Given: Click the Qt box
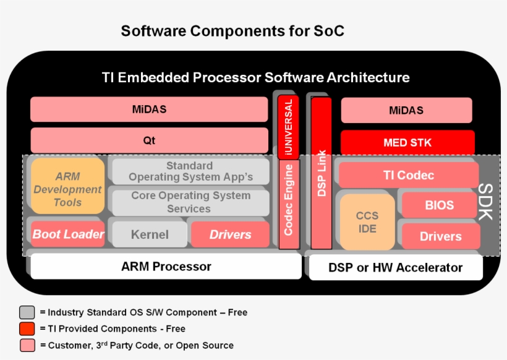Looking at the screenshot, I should click(x=149, y=140).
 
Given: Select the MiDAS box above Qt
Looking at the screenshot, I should click(x=149, y=109).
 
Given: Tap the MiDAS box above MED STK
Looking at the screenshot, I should click(x=406, y=111).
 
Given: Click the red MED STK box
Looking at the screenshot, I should click(x=407, y=142).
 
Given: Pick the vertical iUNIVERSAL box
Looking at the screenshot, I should click(x=288, y=127).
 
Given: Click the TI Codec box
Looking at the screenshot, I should click(x=409, y=175).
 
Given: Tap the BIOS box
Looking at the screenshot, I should click(x=439, y=205).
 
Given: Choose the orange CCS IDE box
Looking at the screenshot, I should click(x=367, y=222).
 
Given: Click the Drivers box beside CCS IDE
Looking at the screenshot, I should click(x=441, y=236).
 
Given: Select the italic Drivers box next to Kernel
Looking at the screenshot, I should click(x=230, y=234).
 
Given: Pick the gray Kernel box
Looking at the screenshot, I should click(x=150, y=234).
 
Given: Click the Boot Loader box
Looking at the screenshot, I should click(x=68, y=234).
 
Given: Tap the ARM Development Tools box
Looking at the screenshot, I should click(x=67, y=189).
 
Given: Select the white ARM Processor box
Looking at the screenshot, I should click(x=166, y=267).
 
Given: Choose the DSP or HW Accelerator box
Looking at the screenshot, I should click(x=395, y=268).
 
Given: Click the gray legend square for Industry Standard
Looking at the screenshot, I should click(x=27, y=312).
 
